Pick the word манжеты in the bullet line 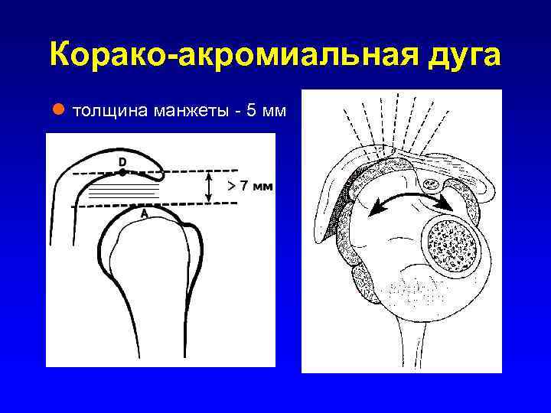point(192,113)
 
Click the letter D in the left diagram point(122,161)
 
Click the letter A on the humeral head point(143,215)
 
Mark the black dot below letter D point(122,172)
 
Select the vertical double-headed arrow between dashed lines point(209,187)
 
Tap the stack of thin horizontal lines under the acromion point(122,190)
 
